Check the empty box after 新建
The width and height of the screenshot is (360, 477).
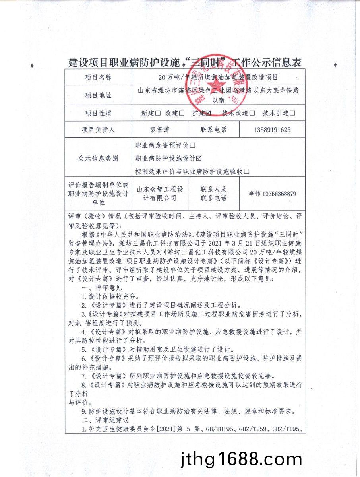pos(158,113)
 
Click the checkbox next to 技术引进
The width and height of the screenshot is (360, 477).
pos(292,113)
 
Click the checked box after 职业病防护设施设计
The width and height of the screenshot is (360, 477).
pos(199,158)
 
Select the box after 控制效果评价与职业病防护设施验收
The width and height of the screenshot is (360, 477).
pos(247,171)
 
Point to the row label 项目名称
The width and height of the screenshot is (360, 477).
pos(98,77)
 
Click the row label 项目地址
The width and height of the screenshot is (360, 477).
pos(98,95)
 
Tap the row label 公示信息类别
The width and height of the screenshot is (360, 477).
pos(98,159)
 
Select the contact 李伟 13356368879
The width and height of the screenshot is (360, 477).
pos(272,194)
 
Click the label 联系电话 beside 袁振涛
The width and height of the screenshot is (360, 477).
pos(214,130)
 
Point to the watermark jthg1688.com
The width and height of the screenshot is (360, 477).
pos(241,460)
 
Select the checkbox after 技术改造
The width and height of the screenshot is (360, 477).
pos(252,113)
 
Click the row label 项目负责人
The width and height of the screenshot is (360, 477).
pos(98,130)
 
